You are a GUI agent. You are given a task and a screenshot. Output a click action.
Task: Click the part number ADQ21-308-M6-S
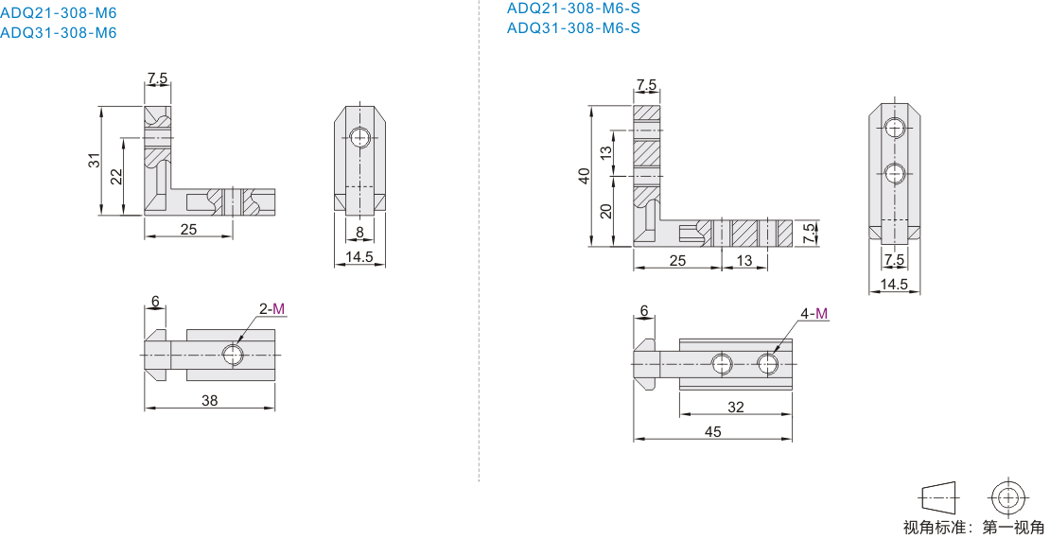click(x=573, y=8)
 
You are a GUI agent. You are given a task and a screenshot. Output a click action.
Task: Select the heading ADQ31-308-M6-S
click(x=573, y=27)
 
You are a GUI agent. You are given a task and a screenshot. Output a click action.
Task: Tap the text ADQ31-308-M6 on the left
click(x=59, y=33)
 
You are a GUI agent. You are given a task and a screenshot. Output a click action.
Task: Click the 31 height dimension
click(x=96, y=160)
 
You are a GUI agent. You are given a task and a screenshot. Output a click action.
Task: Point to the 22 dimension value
click(x=116, y=176)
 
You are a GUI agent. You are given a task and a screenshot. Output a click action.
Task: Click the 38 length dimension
click(x=210, y=400)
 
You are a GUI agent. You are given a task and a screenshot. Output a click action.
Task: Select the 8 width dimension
click(x=360, y=233)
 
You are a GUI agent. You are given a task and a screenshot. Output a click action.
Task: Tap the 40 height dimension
click(x=584, y=176)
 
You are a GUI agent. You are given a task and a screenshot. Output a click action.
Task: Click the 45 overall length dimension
click(x=713, y=432)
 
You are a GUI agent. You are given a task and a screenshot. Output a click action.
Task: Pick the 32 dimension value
click(x=735, y=408)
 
